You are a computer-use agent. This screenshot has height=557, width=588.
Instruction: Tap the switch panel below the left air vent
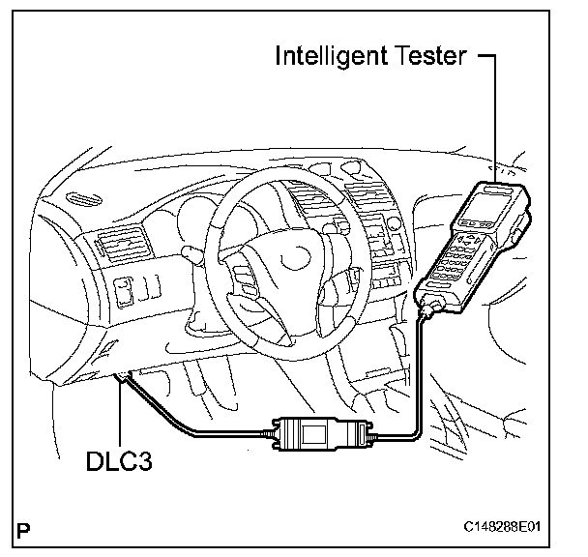click(126, 289)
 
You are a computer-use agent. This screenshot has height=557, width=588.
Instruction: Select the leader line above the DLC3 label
click(118, 416)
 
